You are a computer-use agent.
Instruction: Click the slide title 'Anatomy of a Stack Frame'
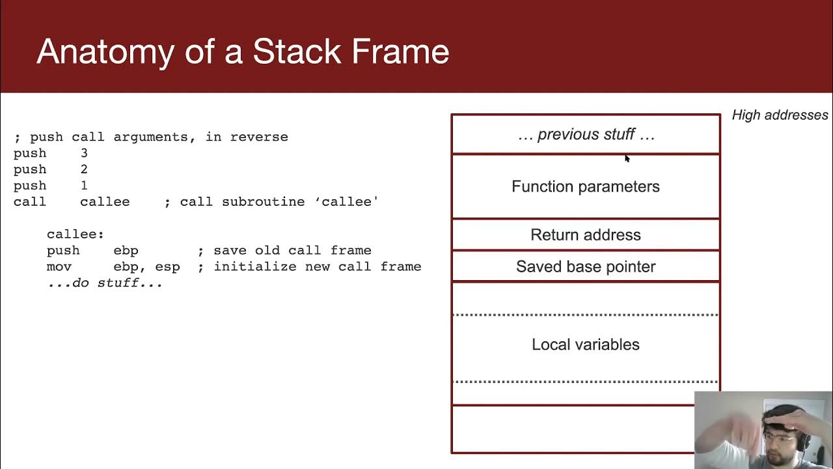coord(243,51)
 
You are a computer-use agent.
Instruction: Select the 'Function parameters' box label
coord(585,186)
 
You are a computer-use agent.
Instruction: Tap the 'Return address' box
coord(585,234)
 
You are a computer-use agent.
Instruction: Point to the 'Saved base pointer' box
coord(585,266)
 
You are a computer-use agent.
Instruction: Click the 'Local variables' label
coord(585,345)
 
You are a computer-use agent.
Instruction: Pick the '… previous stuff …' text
coord(585,134)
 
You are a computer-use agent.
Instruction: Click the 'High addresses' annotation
coord(780,115)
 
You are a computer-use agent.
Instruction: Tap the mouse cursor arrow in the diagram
coord(627,158)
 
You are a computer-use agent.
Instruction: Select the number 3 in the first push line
coord(84,153)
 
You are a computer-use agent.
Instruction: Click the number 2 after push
coord(84,169)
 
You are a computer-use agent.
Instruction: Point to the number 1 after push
coord(84,186)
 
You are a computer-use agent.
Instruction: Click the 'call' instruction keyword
coord(30,202)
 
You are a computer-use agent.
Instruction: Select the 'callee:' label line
coord(75,234)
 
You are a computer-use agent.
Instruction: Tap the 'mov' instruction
coord(59,266)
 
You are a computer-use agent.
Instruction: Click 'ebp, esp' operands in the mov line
coord(146,266)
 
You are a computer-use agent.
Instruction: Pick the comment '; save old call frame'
coord(284,250)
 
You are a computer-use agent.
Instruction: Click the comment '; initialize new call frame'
coord(309,266)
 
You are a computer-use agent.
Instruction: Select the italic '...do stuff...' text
coord(104,283)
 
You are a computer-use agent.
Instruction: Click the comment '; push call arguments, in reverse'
coord(151,137)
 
